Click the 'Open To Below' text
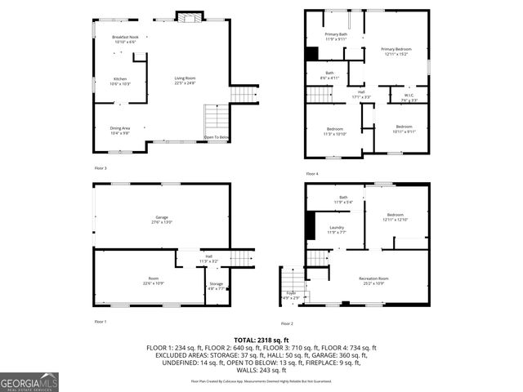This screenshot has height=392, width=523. tap(217, 137)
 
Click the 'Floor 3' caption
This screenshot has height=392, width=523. tap(101, 167)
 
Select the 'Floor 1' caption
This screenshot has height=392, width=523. tap(101, 322)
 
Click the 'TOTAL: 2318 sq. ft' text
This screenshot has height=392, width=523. tap(261, 339)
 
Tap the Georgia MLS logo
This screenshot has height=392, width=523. tap(29, 382)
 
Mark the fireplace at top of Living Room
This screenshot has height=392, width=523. tap(189, 16)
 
